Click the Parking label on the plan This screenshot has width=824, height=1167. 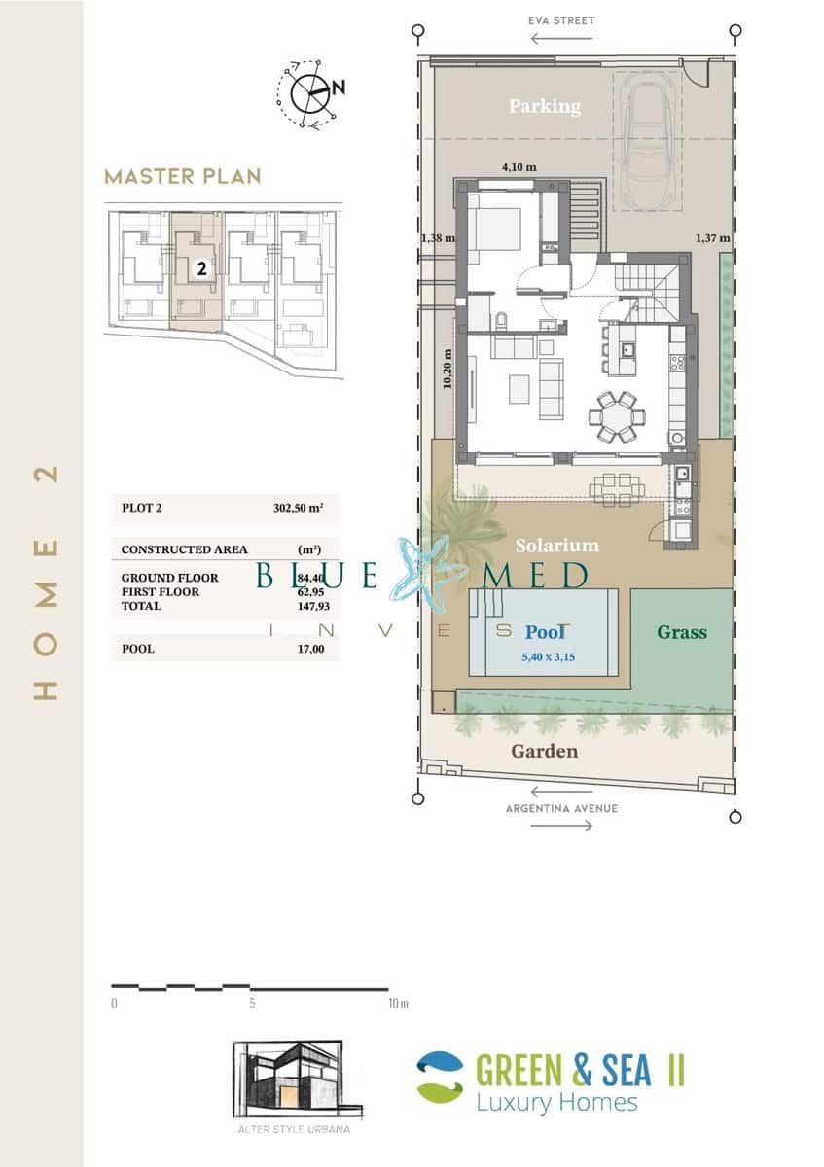544,106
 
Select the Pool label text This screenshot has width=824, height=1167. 546,632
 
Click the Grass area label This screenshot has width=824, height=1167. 682,632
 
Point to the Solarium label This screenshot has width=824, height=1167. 557,546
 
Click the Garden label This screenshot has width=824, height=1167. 545,751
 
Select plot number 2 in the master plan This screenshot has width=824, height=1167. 201,269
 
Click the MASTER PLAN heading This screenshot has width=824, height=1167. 183,176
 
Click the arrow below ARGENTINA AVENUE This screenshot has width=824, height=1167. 562,826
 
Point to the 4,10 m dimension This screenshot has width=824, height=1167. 518,167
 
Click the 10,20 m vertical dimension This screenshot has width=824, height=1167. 448,370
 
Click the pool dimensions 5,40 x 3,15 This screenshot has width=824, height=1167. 549,656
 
